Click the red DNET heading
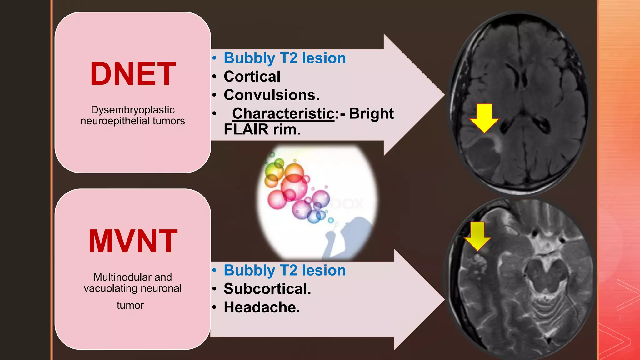[x=133, y=74]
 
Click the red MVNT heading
[x=133, y=241]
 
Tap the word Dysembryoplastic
[x=132, y=110]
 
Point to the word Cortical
[x=252, y=77]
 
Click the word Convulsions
[x=271, y=95]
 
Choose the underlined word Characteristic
[x=283, y=113]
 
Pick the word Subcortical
[x=267, y=289]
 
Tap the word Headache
[x=262, y=307]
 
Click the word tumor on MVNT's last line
[x=130, y=305]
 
